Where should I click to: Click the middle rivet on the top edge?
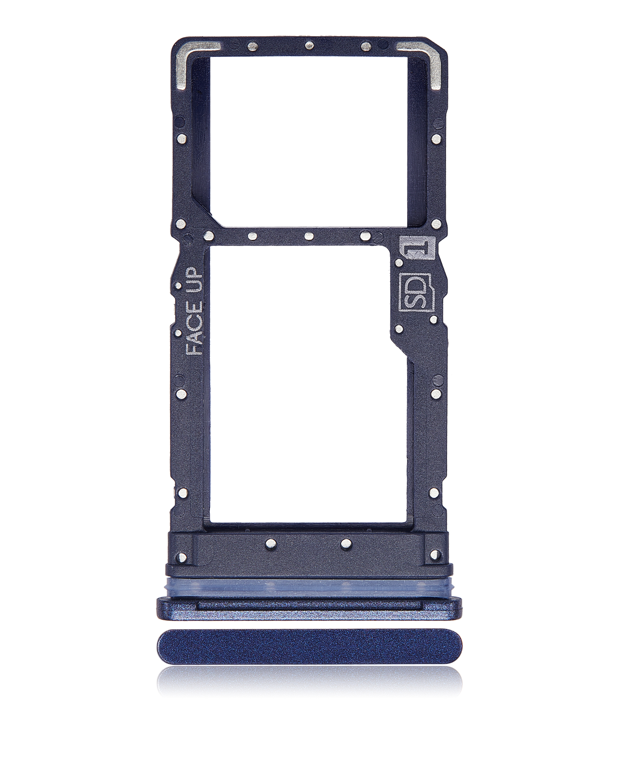pos(309,46)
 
